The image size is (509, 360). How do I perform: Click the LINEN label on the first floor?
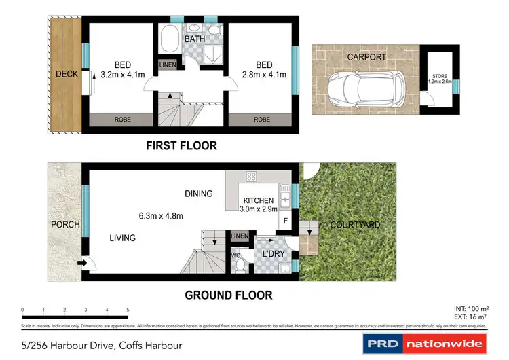tap(167, 65)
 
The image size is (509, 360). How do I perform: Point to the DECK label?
tap(67, 74)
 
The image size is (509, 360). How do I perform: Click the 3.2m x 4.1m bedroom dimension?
tap(123, 75)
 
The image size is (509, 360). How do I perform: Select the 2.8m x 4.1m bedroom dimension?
tap(262, 75)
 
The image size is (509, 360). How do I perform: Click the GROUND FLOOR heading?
tap(229, 295)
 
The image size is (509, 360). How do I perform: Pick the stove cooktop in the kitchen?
tap(251, 177)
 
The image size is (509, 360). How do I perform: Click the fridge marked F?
tap(284, 221)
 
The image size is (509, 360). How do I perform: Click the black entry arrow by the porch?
tap(82, 262)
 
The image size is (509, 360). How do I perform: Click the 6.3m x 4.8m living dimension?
tap(158, 216)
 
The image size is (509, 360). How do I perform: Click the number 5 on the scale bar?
tap(128, 310)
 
